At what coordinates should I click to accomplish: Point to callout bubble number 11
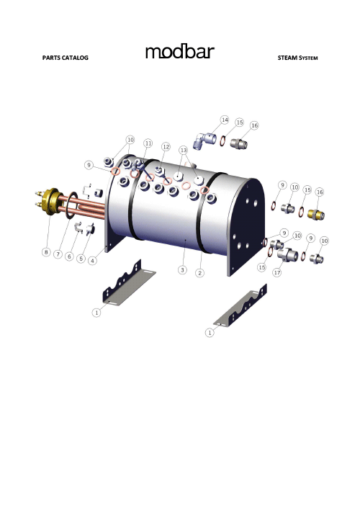click(148, 143)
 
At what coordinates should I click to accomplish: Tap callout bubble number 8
click(46, 253)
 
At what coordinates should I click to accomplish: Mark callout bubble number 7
click(58, 255)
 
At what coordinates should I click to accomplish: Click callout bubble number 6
click(69, 256)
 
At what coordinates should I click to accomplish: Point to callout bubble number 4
click(92, 261)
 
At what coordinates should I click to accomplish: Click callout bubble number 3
click(183, 270)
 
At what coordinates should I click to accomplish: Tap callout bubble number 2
click(199, 273)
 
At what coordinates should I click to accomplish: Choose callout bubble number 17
click(276, 273)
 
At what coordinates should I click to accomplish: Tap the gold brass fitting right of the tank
click(315, 214)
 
